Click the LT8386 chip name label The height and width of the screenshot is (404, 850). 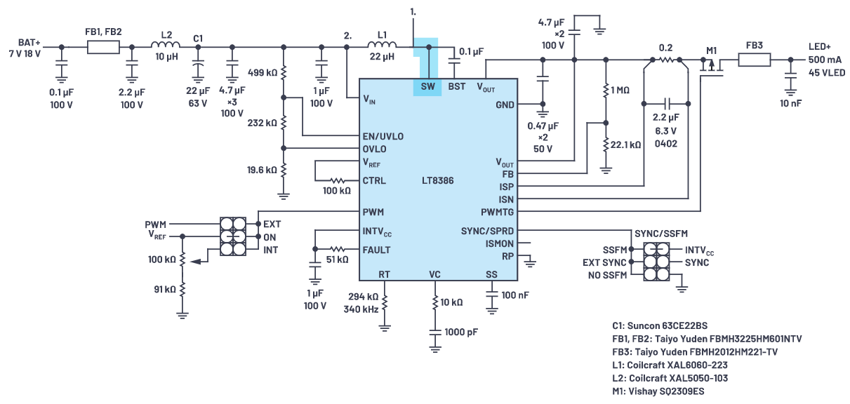(x=437, y=181)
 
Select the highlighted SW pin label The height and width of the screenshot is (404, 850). (x=427, y=87)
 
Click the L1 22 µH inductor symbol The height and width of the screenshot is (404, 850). (x=382, y=47)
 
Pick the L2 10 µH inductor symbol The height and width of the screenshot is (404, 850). (x=166, y=47)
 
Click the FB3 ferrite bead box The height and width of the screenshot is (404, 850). (x=754, y=60)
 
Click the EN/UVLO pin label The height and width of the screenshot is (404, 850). (x=383, y=135)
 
